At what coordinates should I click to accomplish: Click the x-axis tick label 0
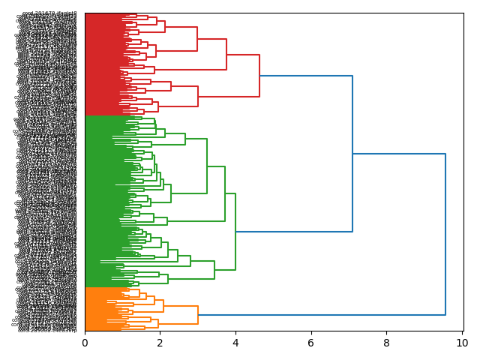click(x=85, y=343)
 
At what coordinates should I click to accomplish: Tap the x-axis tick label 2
click(x=160, y=343)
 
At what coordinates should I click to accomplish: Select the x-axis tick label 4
click(x=235, y=343)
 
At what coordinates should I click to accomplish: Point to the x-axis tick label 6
click(x=311, y=343)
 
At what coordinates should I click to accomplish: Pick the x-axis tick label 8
click(x=386, y=343)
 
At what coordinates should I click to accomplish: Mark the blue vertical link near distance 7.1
click(x=352, y=154)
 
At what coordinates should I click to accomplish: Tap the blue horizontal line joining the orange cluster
click(x=322, y=315)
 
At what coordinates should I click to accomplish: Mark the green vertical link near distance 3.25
click(x=207, y=166)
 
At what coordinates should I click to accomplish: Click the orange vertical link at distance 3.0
click(x=198, y=315)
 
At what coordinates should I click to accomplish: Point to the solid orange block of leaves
click(x=101, y=309)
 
